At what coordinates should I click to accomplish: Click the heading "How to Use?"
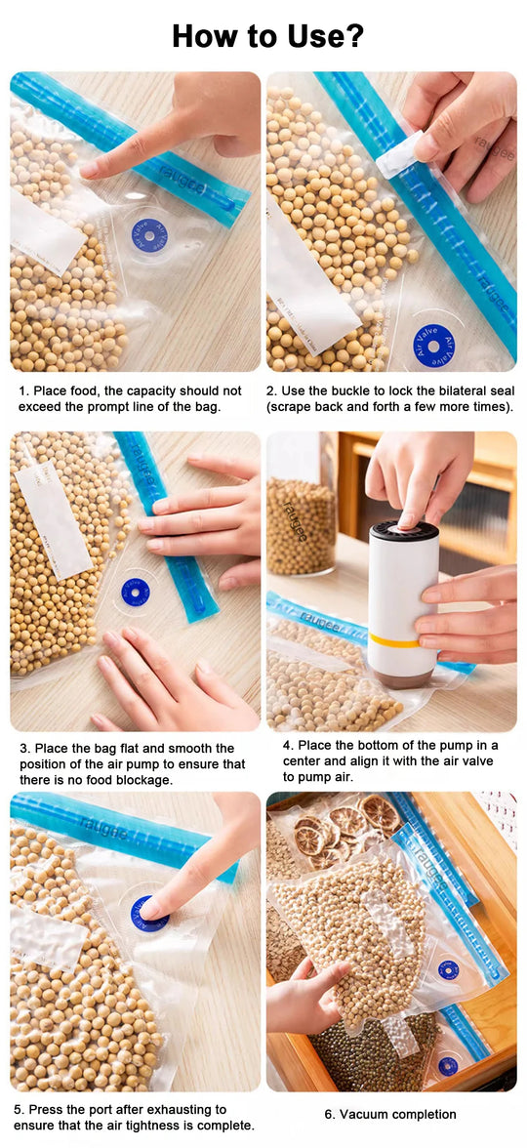click(x=267, y=36)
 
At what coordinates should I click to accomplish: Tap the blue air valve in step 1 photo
click(x=149, y=233)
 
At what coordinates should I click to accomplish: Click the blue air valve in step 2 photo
click(x=433, y=346)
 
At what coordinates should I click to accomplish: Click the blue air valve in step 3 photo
click(x=135, y=592)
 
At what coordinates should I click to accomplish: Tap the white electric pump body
click(x=402, y=586)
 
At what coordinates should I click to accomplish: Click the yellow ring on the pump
click(x=393, y=639)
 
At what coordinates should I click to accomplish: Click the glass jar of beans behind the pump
click(x=302, y=522)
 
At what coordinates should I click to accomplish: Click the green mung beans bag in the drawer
click(x=371, y=1054)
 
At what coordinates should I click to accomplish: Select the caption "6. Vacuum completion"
click(x=390, y=1114)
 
